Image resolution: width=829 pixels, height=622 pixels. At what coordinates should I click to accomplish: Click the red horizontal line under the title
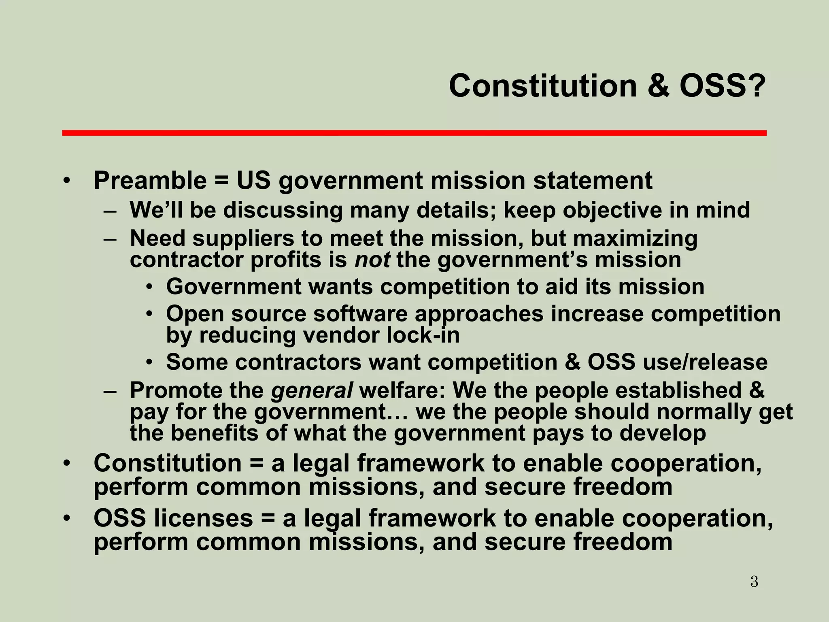coord(414,133)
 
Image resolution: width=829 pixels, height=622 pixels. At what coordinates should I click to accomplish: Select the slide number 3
coord(754,582)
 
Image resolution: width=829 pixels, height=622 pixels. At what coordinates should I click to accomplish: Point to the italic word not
coord(372,260)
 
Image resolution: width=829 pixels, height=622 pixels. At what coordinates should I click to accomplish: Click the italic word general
coord(312,390)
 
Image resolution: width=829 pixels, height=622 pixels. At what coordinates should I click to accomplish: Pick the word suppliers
coord(243,239)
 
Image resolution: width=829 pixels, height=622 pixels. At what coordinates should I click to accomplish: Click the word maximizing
coord(635,239)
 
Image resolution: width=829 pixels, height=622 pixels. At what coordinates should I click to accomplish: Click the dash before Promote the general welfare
coord(110,391)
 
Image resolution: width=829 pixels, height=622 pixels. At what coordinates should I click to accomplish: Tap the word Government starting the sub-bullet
coord(234,287)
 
